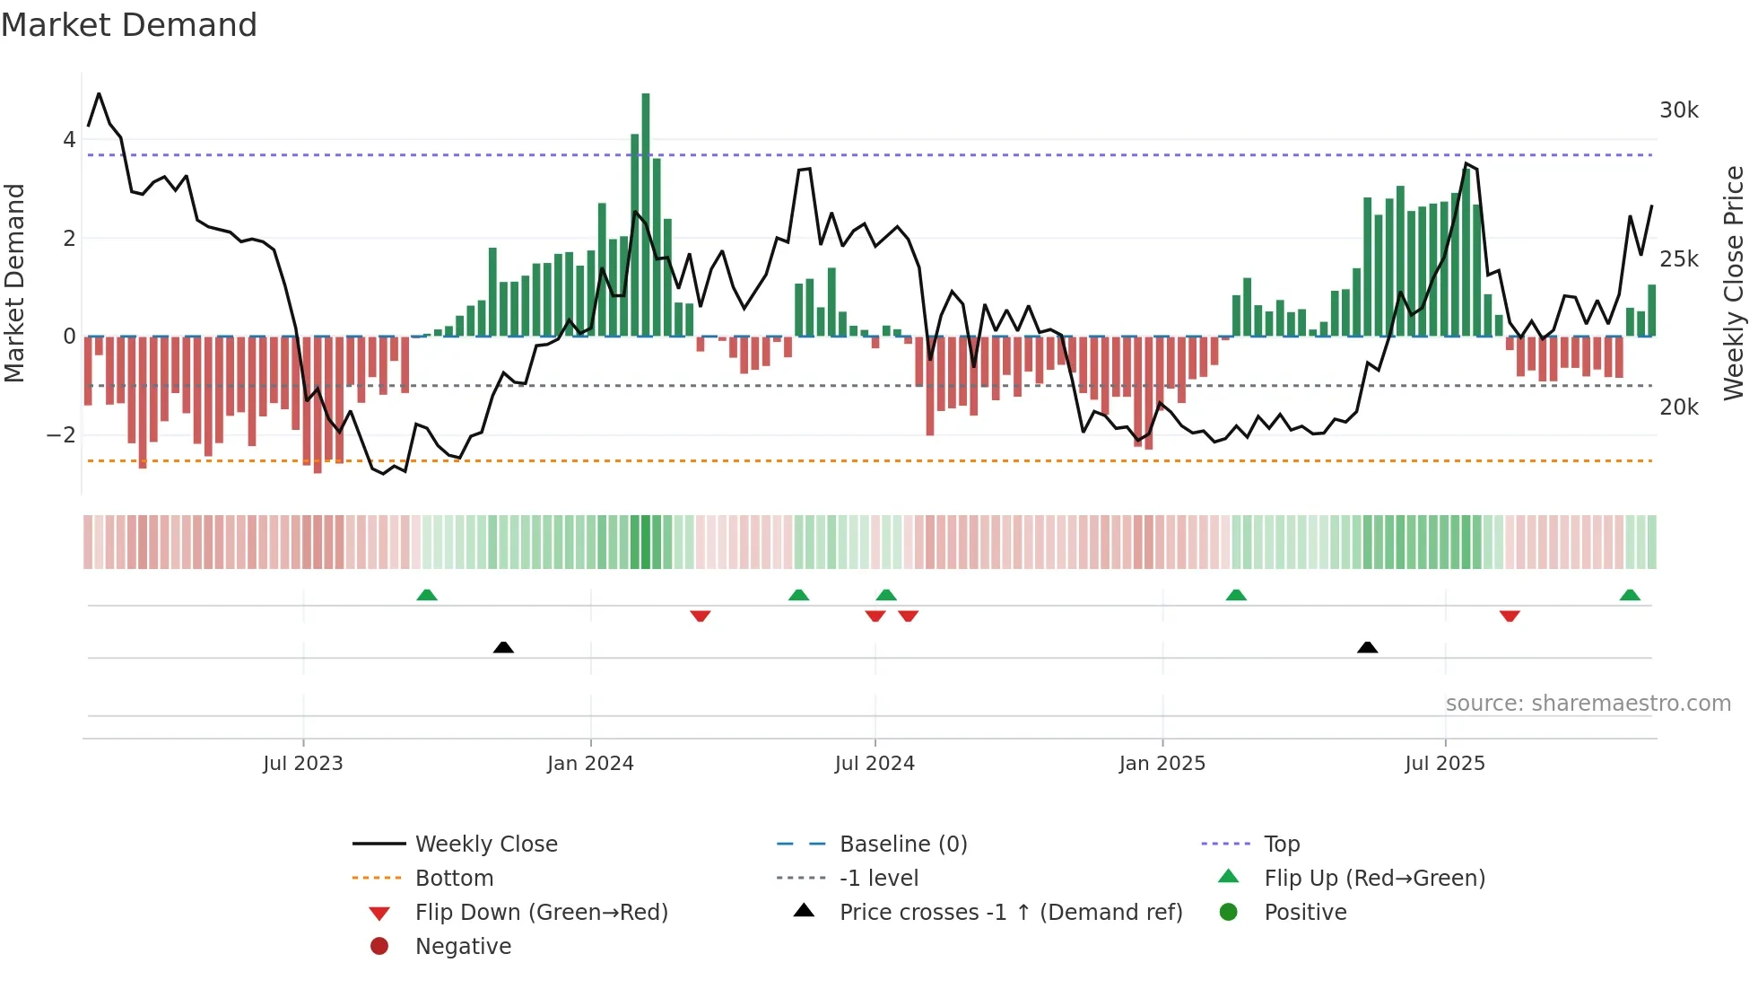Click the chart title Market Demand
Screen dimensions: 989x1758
pyautogui.click(x=129, y=25)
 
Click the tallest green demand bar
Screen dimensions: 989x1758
pyautogui.click(x=646, y=215)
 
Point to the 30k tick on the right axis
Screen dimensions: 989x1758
pyautogui.click(x=1678, y=110)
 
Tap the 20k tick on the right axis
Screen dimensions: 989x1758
pyautogui.click(x=1678, y=407)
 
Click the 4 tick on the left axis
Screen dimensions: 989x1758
pyautogui.click(x=69, y=140)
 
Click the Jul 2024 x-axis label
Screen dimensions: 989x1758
pyautogui.click(x=875, y=764)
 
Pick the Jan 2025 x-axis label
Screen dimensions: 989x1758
pyautogui.click(x=1162, y=764)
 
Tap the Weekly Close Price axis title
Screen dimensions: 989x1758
pyautogui.click(x=1734, y=283)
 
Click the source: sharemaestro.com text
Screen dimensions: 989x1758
pyautogui.click(x=1588, y=704)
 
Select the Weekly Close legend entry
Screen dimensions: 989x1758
pyautogui.click(x=485, y=845)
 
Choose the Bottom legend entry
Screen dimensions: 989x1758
pyautogui.click(x=454, y=879)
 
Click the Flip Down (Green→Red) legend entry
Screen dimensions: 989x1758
pyautogui.click(x=541, y=913)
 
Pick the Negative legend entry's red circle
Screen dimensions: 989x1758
pyautogui.click(x=379, y=947)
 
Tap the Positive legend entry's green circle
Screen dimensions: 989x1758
pyautogui.click(x=1229, y=913)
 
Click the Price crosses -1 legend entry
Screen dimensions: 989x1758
pyautogui.click(x=1010, y=913)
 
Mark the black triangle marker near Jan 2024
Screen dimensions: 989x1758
pyautogui.click(x=503, y=647)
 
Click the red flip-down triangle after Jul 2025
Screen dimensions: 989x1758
pyautogui.click(x=1510, y=616)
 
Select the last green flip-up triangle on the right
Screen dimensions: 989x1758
pyautogui.click(x=1630, y=595)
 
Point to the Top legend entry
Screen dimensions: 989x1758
pyautogui.click(x=1281, y=845)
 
